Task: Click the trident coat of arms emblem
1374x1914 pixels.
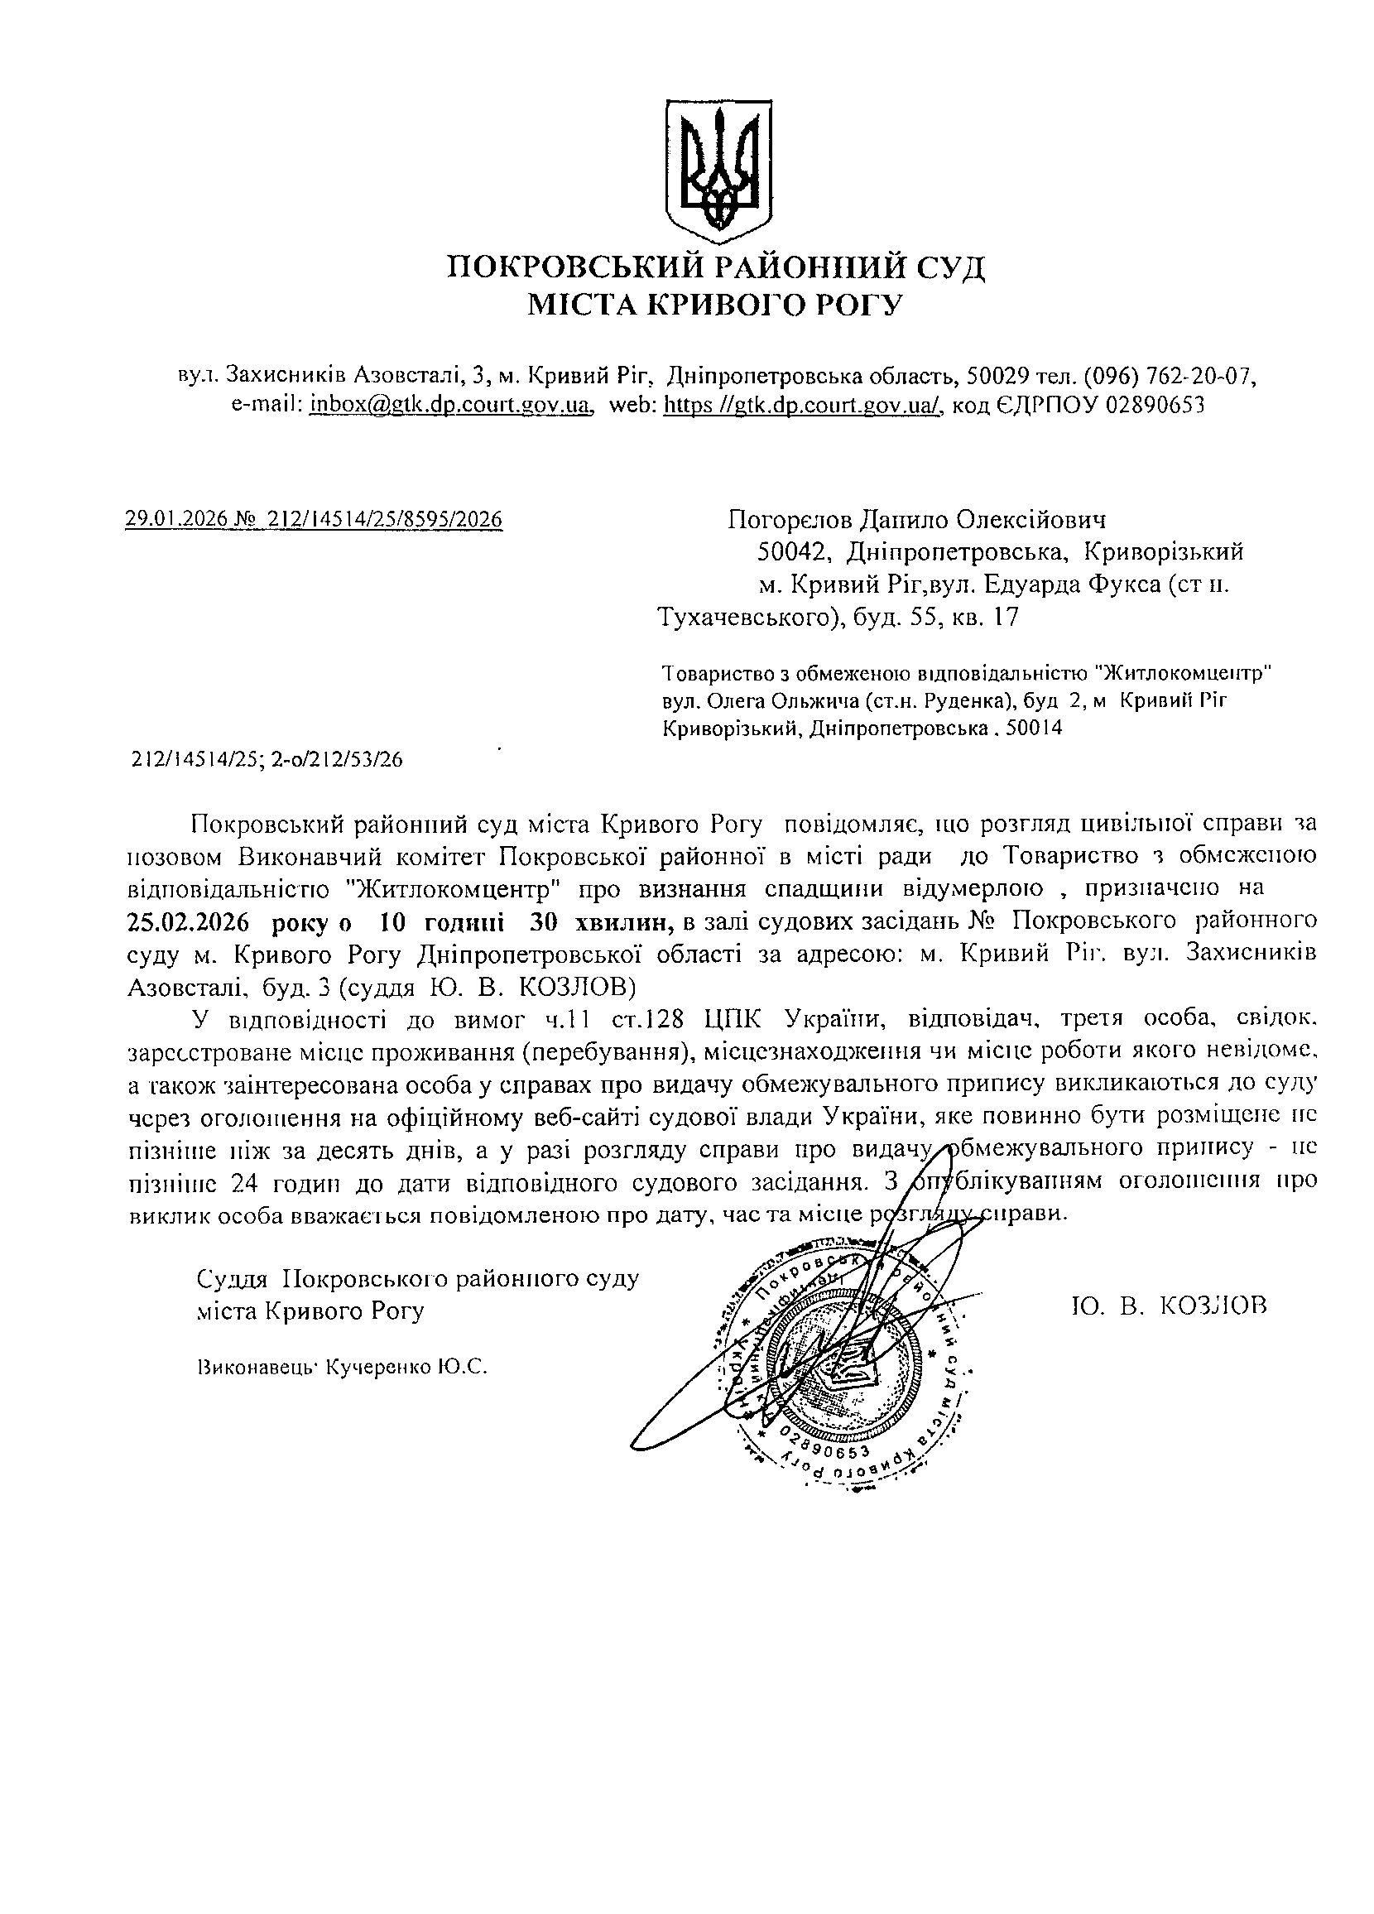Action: point(718,166)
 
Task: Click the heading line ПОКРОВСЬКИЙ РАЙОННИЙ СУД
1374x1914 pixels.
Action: point(716,267)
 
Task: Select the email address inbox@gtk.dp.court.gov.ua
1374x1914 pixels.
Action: point(449,406)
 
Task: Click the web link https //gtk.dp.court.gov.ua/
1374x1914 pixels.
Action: point(802,406)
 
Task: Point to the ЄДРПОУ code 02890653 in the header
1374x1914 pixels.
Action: point(1154,406)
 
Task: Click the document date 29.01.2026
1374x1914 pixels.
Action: point(175,518)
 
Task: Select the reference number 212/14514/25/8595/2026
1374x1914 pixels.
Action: point(384,518)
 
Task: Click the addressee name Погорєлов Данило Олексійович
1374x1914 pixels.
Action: point(916,518)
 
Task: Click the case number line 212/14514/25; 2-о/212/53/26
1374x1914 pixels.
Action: point(267,759)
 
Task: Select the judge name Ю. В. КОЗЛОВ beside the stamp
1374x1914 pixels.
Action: point(1168,1306)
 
